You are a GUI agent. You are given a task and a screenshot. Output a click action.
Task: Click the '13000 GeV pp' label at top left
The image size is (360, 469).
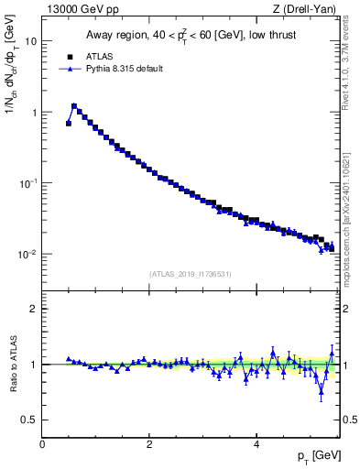(76, 9)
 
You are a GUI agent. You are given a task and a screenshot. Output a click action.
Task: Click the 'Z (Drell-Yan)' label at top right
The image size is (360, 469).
(309, 9)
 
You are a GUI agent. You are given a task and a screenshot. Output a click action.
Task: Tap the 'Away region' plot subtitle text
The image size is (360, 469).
(189, 36)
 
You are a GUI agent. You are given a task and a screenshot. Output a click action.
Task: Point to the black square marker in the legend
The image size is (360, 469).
(69, 56)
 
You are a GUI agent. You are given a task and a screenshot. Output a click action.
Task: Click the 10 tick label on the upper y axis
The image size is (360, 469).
(31, 42)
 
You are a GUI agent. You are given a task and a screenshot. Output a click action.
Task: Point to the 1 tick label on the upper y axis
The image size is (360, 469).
(34, 113)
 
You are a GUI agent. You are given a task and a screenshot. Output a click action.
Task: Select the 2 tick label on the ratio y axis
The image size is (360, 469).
(34, 309)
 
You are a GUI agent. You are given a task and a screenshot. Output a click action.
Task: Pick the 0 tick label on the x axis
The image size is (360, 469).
(43, 443)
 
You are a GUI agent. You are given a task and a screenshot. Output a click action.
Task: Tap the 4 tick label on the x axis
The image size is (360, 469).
(256, 443)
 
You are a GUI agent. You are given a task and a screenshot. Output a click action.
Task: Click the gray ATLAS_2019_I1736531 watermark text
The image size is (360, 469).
(189, 274)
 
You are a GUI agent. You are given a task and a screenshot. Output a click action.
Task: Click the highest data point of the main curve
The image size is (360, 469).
(74, 105)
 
